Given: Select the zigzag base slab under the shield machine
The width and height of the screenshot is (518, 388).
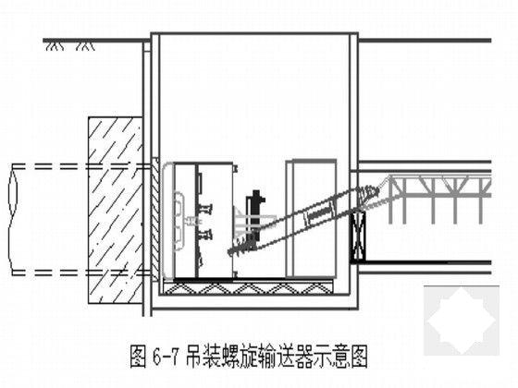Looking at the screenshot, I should (x=250, y=289).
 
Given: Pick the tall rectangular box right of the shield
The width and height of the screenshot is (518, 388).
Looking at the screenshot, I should (x=310, y=218).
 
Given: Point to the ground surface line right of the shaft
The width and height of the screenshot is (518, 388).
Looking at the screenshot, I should (x=425, y=40).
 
